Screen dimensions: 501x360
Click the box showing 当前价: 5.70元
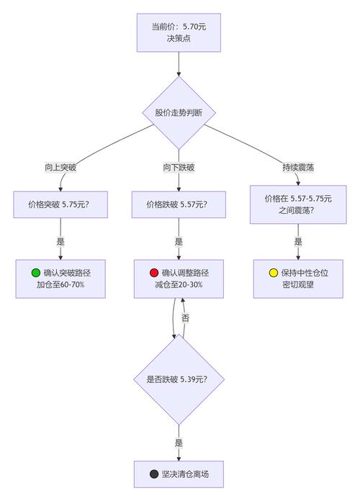(179, 32)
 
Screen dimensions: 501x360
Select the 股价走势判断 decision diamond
(179, 112)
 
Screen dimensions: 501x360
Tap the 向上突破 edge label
(60, 167)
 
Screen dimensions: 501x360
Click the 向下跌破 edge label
(179, 167)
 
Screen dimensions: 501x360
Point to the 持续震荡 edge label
(297, 167)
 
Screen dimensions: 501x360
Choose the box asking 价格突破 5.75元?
(60, 204)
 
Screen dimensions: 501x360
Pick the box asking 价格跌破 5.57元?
(179, 204)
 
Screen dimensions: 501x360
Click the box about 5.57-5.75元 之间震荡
(297, 204)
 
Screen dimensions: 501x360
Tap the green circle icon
(36, 273)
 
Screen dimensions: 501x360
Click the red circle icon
(153, 273)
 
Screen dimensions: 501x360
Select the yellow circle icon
(273, 273)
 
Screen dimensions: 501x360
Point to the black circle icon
(153, 474)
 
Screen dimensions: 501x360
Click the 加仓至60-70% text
(60, 285)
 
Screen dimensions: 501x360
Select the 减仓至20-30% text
(179, 285)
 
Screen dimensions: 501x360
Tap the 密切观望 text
(297, 285)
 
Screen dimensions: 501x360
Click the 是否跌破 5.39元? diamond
(179, 379)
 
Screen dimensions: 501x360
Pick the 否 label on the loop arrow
(185, 317)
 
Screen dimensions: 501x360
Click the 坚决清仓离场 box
(179, 474)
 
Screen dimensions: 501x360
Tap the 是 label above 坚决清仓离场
(179, 442)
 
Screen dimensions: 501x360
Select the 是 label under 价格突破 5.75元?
(60, 242)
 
